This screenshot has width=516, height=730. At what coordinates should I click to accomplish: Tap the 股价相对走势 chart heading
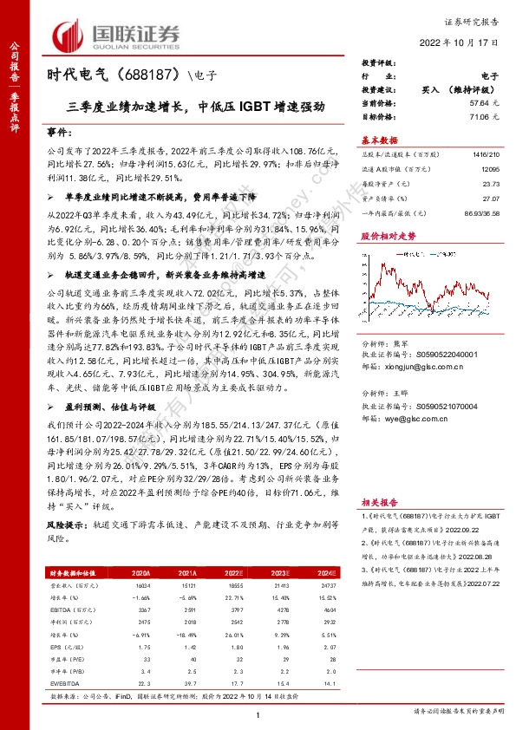coord(389,235)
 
